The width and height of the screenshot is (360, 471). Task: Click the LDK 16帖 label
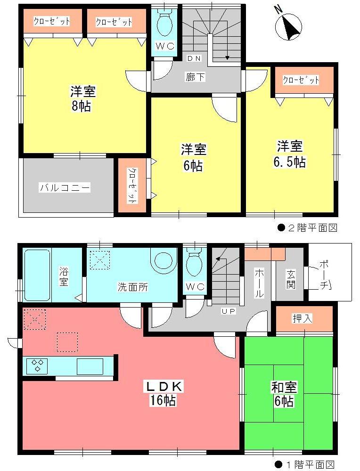click(x=164, y=394)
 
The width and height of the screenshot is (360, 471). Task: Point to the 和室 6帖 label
click(x=283, y=394)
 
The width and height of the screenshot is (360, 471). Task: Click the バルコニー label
click(x=65, y=187)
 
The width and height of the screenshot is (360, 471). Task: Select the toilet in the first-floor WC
click(x=194, y=265)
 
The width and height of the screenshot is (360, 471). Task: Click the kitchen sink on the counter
click(x=90, y=365)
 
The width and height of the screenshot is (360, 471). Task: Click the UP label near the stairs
click(x=229, y=311)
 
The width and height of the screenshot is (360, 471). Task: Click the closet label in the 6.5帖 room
click(x=301, y=80)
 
